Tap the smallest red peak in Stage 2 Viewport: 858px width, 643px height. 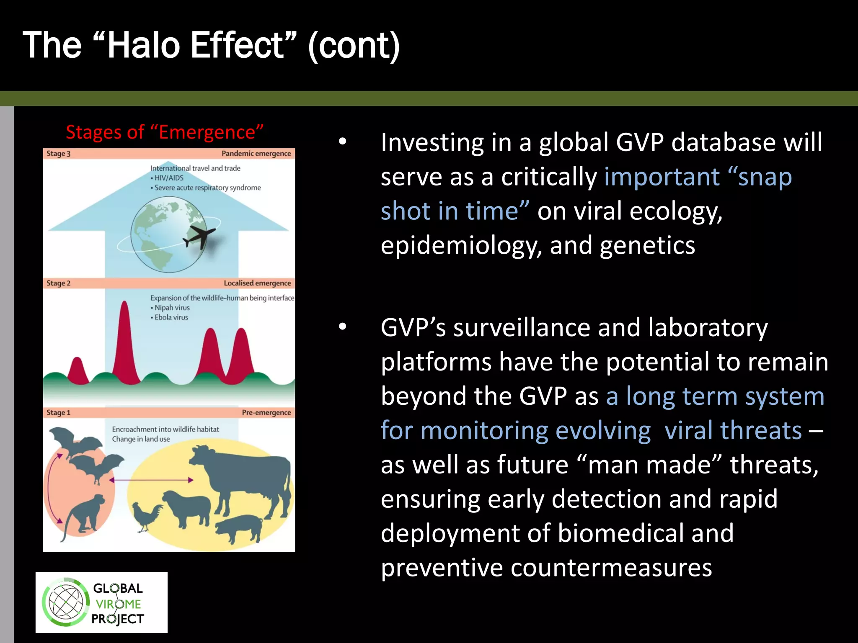[77, 370]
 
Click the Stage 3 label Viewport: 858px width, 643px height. [58, 154]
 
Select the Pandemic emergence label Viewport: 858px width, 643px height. [256, 154]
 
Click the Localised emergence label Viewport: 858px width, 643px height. [257, 283]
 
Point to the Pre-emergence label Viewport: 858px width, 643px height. [266, 412]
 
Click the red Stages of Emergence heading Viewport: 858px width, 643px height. [164, 132]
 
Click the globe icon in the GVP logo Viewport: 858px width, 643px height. [66, 602]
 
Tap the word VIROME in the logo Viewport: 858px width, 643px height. [119, 604]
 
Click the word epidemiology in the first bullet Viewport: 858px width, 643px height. [461, 245]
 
